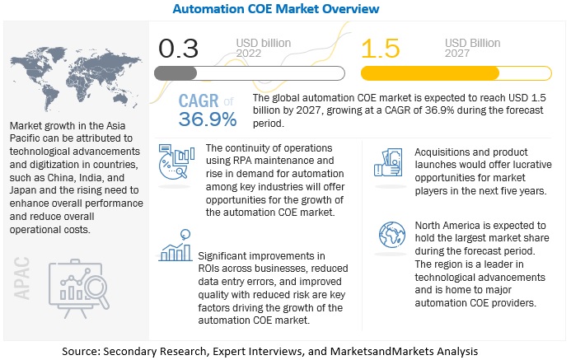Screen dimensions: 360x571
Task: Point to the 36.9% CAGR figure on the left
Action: [208, 119]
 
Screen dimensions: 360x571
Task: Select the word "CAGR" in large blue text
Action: [199, 101]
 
